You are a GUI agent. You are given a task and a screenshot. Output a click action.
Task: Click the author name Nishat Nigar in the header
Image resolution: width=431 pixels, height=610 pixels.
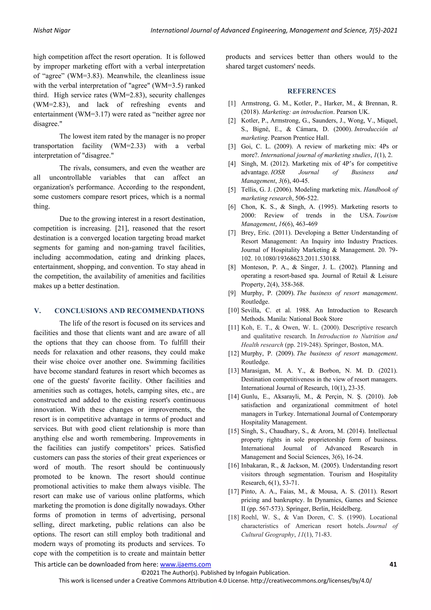(52, 31)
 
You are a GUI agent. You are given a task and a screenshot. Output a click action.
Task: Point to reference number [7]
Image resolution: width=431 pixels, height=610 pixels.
(232, 233)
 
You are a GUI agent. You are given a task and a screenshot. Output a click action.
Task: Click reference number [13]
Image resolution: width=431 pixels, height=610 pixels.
(234, 371)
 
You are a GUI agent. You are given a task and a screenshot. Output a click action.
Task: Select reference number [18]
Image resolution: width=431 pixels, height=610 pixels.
(234, 517)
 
